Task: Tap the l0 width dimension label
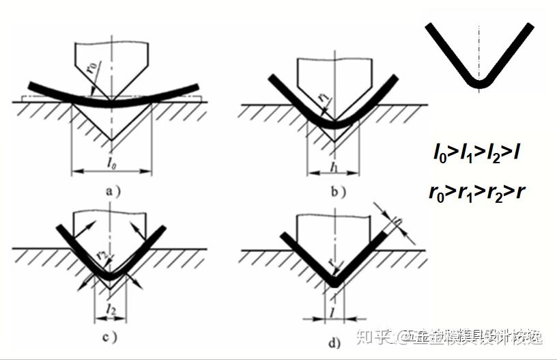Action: pyautogui.click(x=111, y=162)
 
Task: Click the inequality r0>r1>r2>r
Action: pyautogui.click(x=478, y=191)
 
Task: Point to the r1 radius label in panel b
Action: pyautogui.click(x=324, y=96)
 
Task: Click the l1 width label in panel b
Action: pyautogui.click(x=334, y=166)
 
